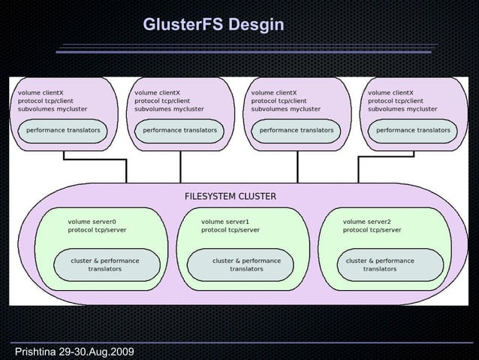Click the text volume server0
(x=92, y=222)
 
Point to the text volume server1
(x=225, y=222)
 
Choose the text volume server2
(x=367, y=222)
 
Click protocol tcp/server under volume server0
(x=97, y=231)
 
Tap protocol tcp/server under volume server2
(x=372, y=231)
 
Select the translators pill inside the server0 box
(x=105, y=265)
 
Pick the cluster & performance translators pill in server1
(x=246, y=265)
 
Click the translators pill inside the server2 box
(x=380, y=265)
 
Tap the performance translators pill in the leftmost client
(x=63, y=130)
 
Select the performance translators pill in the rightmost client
(x=413, y=130)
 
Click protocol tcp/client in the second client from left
(x=162, y=101)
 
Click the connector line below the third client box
(x=298, y=165)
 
